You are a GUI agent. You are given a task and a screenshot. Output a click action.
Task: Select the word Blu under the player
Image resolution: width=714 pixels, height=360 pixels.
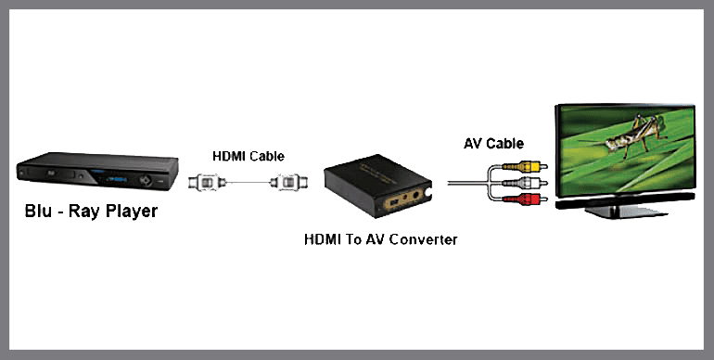(43, 212)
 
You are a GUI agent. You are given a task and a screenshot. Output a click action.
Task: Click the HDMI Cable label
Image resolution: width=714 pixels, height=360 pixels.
(248, 156)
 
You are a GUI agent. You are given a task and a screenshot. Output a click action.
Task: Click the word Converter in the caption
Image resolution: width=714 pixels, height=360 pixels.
(423, 239)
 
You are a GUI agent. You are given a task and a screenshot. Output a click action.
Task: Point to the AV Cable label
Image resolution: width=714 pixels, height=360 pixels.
(493, 144)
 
